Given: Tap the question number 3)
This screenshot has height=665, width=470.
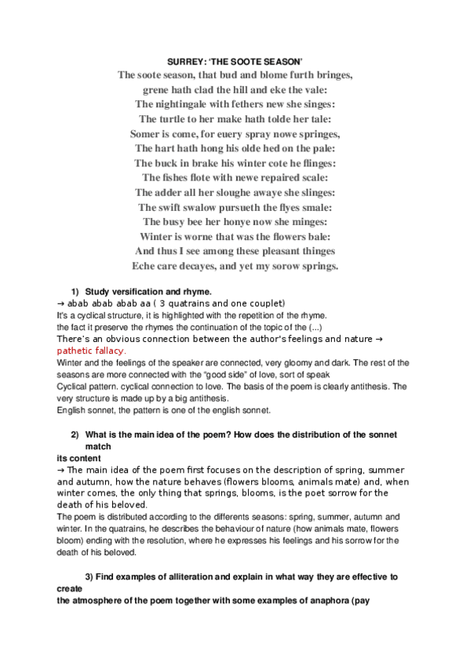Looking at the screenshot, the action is [x=89, y=577].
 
